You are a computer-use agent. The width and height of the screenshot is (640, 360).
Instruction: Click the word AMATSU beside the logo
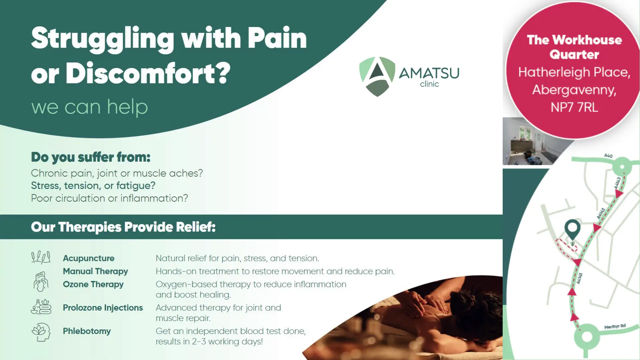point(429,73)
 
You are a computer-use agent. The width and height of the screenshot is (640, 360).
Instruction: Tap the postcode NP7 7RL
point(574,107)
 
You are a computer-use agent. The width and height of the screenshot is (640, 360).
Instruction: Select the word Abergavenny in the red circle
point(574,90)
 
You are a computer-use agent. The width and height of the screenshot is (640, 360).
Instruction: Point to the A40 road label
point(608,156)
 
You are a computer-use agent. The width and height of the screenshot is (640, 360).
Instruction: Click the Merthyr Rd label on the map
point(615,326)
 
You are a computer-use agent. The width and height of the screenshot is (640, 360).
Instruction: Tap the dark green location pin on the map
point(572,229)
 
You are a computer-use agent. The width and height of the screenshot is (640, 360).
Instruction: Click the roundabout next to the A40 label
point(622,166)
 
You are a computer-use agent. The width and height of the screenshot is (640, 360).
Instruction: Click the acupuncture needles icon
point(41,257)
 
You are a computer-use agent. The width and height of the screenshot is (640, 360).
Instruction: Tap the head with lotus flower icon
point(41,332)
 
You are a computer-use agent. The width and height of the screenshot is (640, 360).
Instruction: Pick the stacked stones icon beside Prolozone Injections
point(41,307)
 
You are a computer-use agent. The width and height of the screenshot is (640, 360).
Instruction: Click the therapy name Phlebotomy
point(87,331)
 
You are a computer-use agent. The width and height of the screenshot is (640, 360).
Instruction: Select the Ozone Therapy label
point(93,284)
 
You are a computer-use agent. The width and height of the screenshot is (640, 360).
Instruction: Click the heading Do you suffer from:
point(91,157)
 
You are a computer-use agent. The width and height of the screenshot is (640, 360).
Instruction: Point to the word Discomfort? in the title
point(148,73)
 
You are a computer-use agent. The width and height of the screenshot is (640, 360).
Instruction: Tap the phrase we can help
point(89,107)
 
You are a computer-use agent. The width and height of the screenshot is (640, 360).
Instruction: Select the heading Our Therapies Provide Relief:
point(123,227)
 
